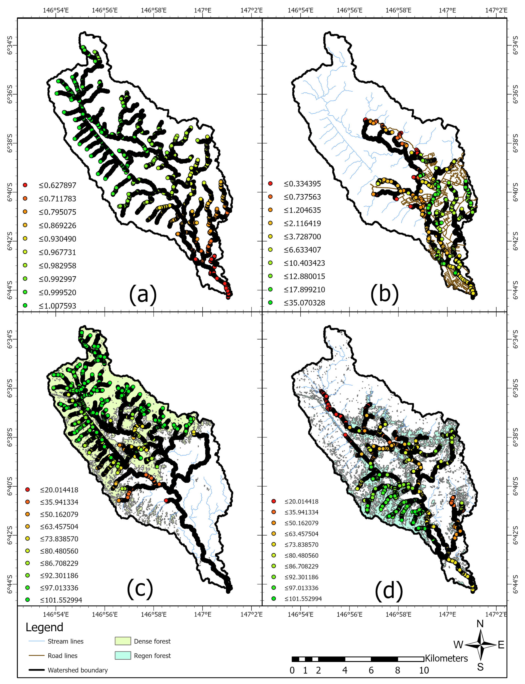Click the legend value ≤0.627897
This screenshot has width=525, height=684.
pyautogui.click(x=58, y=185)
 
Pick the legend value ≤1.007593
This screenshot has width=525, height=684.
pyautogui.click(x=58, y=306)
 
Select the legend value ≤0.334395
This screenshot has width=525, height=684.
pyautogui.click(x=302, y=184)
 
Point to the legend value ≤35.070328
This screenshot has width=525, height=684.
pyautogui.click(x=304, y=303)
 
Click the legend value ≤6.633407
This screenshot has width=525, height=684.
pyautogui.click(x=302, y=250)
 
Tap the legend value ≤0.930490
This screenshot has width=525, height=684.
pyautogui.click(x=58, y=239)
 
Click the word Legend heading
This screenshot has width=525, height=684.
pyautogui.click(x=44, y=627)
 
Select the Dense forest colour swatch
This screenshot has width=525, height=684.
pyautogui.click(x=123, y=641)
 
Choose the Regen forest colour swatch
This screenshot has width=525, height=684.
pyautogui.click(x=123, y=656)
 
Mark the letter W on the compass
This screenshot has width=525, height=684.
pyautogui.click(x=458, y=645)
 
